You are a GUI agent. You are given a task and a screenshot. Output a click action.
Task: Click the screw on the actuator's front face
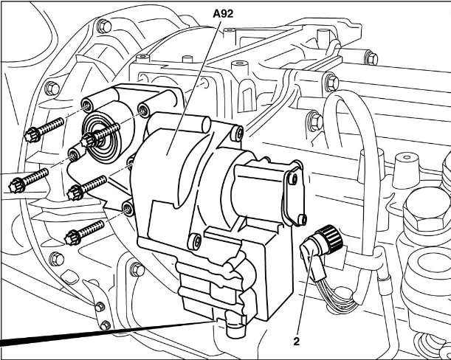194,241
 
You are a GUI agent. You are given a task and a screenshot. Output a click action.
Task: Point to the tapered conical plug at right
404,171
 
